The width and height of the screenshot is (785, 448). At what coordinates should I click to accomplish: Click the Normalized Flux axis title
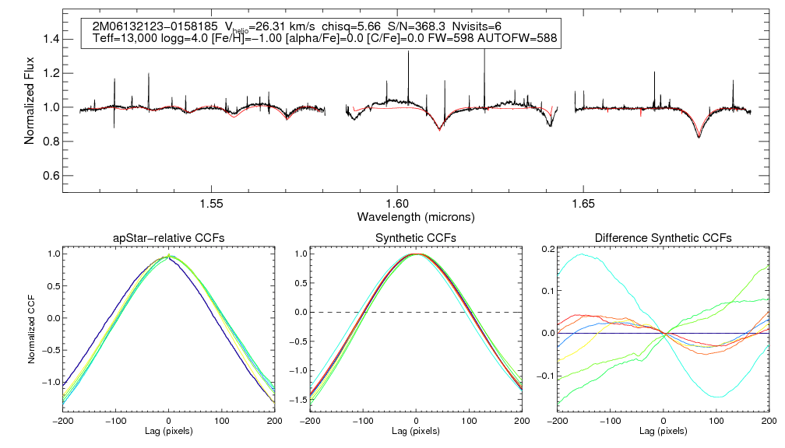tap(30, 98)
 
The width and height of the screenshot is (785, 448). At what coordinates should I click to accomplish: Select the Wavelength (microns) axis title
tap(416, 215)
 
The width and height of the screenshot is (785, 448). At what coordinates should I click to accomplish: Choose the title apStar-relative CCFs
tap(169, 238)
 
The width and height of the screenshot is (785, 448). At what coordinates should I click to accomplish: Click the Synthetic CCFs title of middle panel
tap(416, 238)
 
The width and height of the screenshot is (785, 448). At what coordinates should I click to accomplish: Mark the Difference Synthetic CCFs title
tap(663, 238)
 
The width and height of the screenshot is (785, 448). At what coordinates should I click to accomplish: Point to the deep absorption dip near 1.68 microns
tap(699, 136)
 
